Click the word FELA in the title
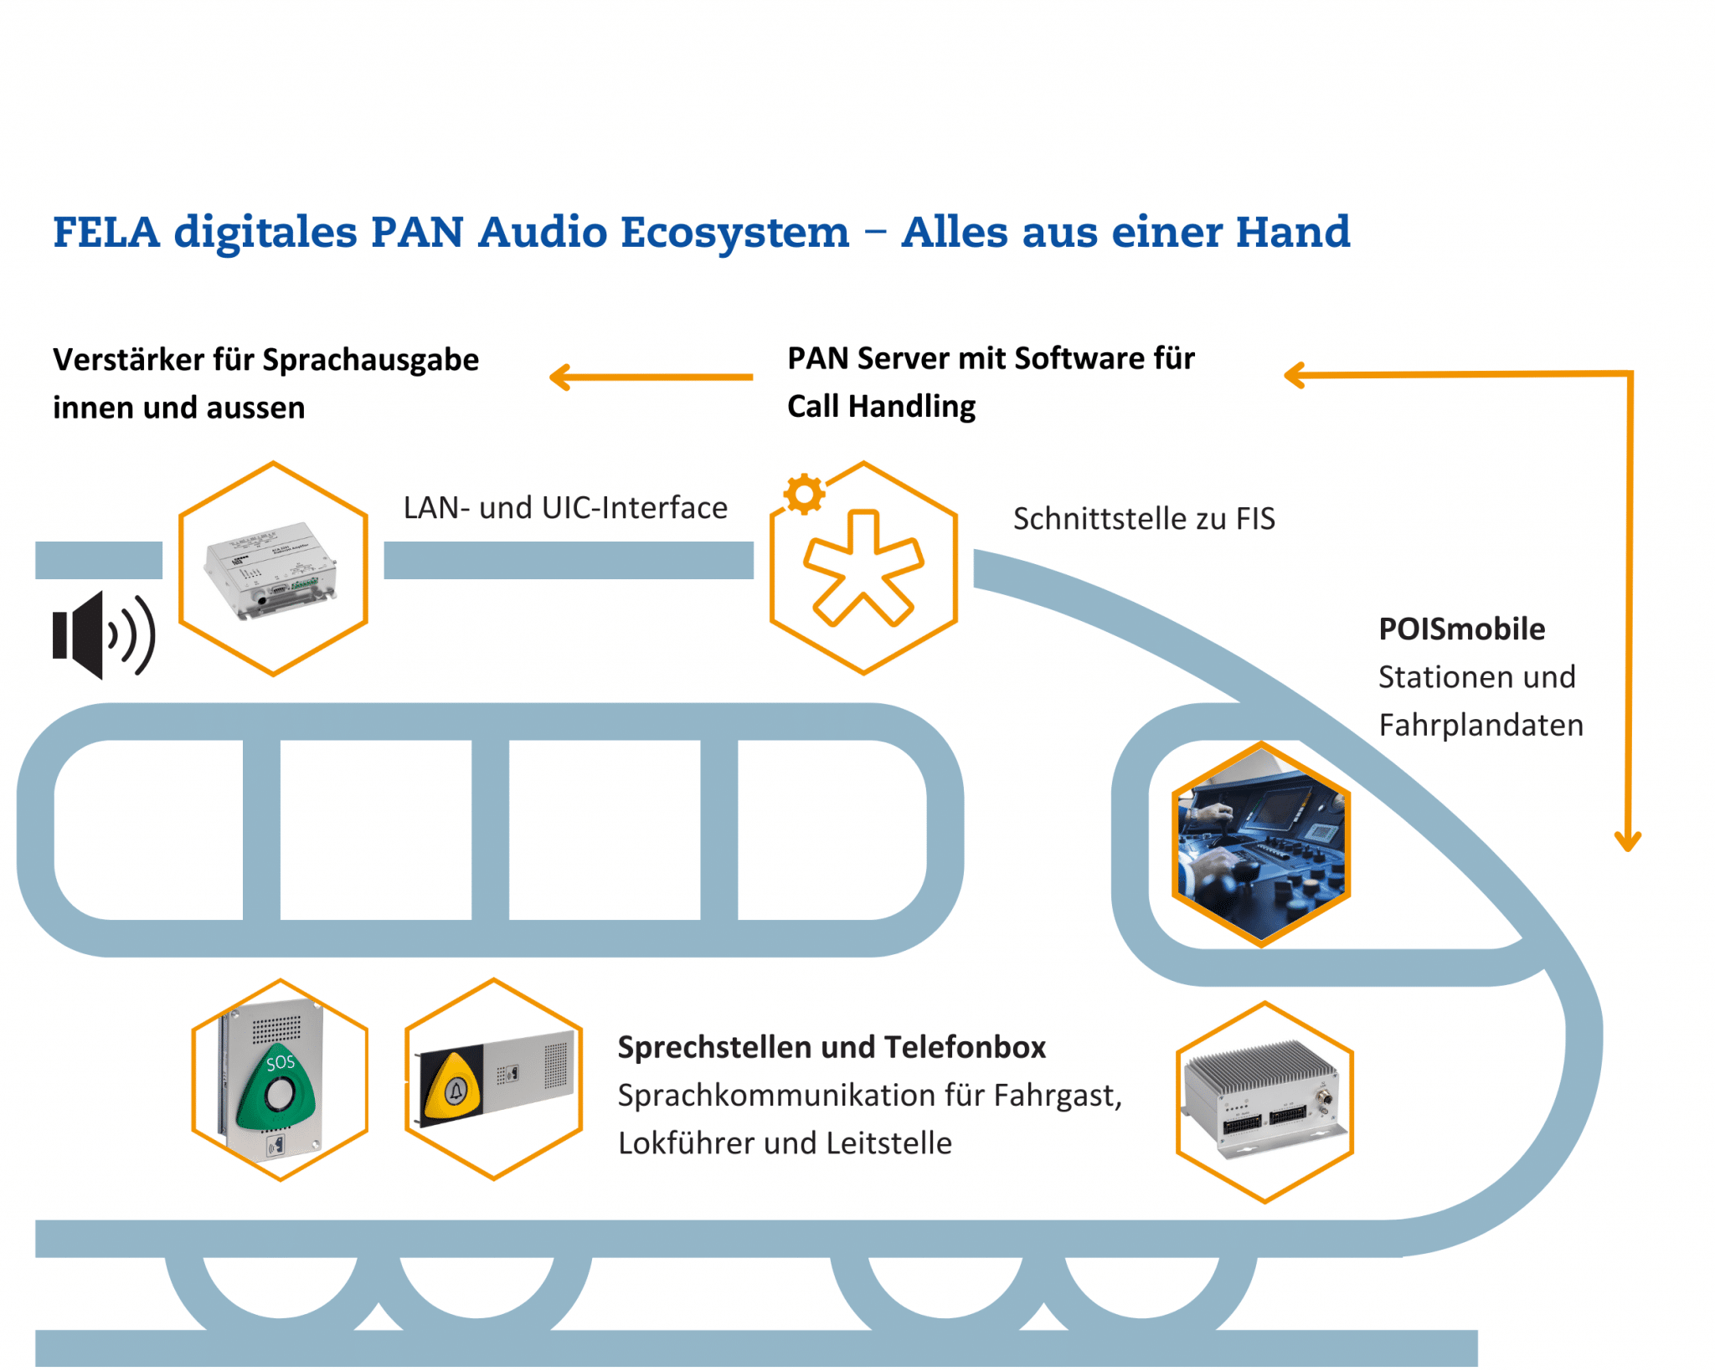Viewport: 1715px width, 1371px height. pos(106,232)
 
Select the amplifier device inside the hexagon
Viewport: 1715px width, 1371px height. pos(271,570)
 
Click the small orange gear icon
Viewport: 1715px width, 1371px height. pos(804,494)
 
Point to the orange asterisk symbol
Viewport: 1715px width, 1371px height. pos(863,569)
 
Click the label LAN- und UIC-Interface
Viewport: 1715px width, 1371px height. pos(565,508)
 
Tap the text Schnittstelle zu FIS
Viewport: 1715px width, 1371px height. pos(1144,519)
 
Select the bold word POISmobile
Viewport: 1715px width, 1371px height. pos(1461,629)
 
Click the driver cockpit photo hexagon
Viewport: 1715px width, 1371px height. pos(1260,844)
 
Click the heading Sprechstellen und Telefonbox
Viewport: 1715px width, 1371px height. pos(831,1047)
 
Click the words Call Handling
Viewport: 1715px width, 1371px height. pos(881,407)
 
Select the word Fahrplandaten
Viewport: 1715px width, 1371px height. pos(1481,725)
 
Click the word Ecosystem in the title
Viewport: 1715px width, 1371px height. pos(734,232)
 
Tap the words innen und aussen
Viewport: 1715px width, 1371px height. pos(178,408)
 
